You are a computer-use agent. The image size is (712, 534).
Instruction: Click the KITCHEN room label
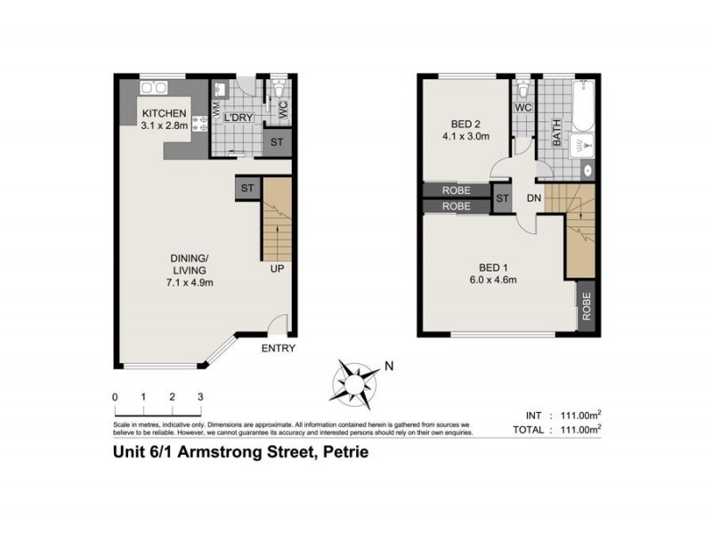(164, 113)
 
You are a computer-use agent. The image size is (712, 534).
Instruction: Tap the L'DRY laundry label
(238, 117)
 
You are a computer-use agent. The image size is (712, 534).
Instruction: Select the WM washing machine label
(215, 110)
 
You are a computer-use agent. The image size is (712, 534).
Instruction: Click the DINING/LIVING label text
(189, 264)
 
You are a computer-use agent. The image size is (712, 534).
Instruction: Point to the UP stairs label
(279, 267)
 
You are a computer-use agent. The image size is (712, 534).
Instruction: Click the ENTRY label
(278, 348)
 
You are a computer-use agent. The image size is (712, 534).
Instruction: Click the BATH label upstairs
(557, 133)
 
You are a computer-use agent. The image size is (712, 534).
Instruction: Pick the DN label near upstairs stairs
(534, 198)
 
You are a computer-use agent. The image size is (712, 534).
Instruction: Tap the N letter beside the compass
(388, 365)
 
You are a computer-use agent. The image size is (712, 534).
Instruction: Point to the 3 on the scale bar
(200, 396)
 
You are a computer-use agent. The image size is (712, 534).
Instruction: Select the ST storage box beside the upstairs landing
(502, 198)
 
